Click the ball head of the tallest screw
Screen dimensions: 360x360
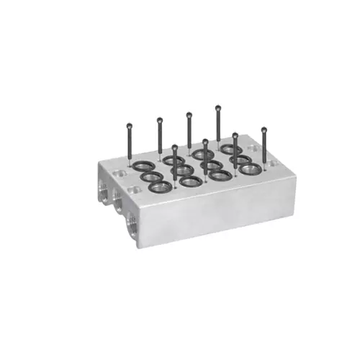217,108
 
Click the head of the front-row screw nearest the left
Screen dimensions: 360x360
174,147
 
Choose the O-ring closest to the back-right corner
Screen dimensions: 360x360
232,150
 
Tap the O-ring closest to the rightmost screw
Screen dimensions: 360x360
251,171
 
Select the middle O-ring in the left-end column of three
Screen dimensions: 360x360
150,176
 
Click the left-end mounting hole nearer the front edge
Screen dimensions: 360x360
132,189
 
